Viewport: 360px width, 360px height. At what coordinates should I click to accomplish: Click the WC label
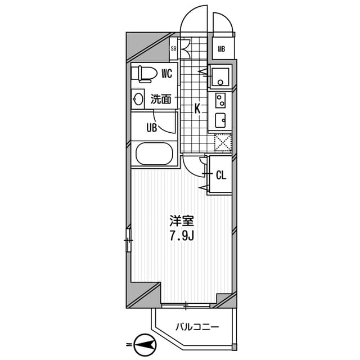click(x=166, y=73)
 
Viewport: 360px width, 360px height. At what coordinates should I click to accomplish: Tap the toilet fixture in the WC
click(x=145, y=73)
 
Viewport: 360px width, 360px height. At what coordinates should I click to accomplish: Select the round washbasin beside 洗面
click(x=138, y=100)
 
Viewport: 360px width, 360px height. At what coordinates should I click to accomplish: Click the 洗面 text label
click(x=161, y=100)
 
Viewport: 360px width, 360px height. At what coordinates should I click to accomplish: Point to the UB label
click(x=151, y=127)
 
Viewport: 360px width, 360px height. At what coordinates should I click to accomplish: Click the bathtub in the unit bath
click(x=154, y=154)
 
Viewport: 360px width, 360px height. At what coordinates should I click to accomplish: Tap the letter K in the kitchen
click(x=197, y=109)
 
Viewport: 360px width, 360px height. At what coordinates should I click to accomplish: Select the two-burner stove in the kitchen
click(x=220, y=101)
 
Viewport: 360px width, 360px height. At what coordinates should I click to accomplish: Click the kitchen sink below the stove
click(x=220, y=119)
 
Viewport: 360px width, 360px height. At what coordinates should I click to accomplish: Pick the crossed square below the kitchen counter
click(x=223, y=142)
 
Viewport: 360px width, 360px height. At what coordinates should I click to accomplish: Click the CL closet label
click(x=221, y=175)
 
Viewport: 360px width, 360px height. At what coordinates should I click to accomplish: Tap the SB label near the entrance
click(x=174, y=49)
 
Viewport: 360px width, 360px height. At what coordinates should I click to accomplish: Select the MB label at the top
click(x=222, y=49)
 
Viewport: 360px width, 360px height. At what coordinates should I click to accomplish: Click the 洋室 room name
click(x=182, y=220)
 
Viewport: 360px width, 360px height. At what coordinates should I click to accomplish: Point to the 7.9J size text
click(x=182, y=236)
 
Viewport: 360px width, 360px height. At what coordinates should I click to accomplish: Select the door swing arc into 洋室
click(x=194, y=164)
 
